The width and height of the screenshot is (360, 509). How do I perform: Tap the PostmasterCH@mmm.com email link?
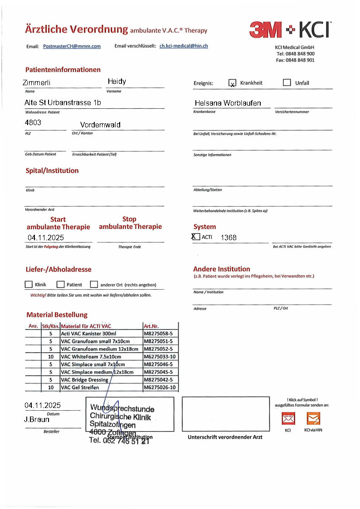(72, 46)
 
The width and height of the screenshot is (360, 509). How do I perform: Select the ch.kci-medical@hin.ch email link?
(184, 46)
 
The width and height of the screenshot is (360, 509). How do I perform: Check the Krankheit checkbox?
(232, 83)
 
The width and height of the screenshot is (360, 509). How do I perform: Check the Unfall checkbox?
(287, 82)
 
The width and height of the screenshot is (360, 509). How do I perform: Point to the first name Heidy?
(117, 82)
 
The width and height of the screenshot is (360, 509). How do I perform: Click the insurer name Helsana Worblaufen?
(228, 103)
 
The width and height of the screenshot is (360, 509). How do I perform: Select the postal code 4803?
(33, 123)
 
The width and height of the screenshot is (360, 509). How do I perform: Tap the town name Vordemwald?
(100, 125)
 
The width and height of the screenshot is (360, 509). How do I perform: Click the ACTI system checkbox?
(196, 237)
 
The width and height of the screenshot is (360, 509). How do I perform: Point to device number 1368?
(229, 238)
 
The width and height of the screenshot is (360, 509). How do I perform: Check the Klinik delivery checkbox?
(29, 285)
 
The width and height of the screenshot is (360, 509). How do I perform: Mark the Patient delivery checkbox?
(60, 285)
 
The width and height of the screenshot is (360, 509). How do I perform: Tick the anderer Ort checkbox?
(94, 285)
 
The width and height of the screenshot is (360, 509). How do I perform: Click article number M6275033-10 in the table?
(160, 357)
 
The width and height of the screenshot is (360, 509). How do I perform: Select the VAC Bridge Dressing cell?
(84, 380)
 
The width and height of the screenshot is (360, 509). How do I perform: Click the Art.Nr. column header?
(151, 326)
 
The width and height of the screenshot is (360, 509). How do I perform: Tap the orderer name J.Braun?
(37, 420)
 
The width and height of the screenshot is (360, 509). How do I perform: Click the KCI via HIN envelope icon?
(313, 418)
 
